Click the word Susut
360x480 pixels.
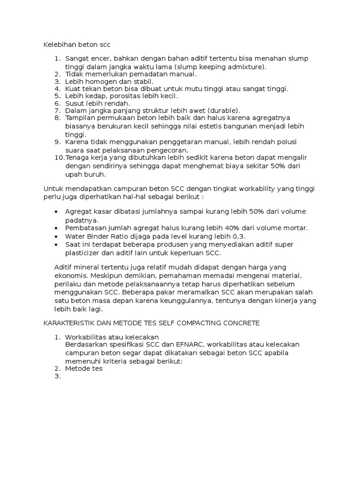[75, 103]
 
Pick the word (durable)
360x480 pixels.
[223, 110]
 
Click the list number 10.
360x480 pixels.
[60, 157]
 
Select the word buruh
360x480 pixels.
[96, 174]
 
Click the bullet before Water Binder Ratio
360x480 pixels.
[56, 236]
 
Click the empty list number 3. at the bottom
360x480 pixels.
[58, 376]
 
